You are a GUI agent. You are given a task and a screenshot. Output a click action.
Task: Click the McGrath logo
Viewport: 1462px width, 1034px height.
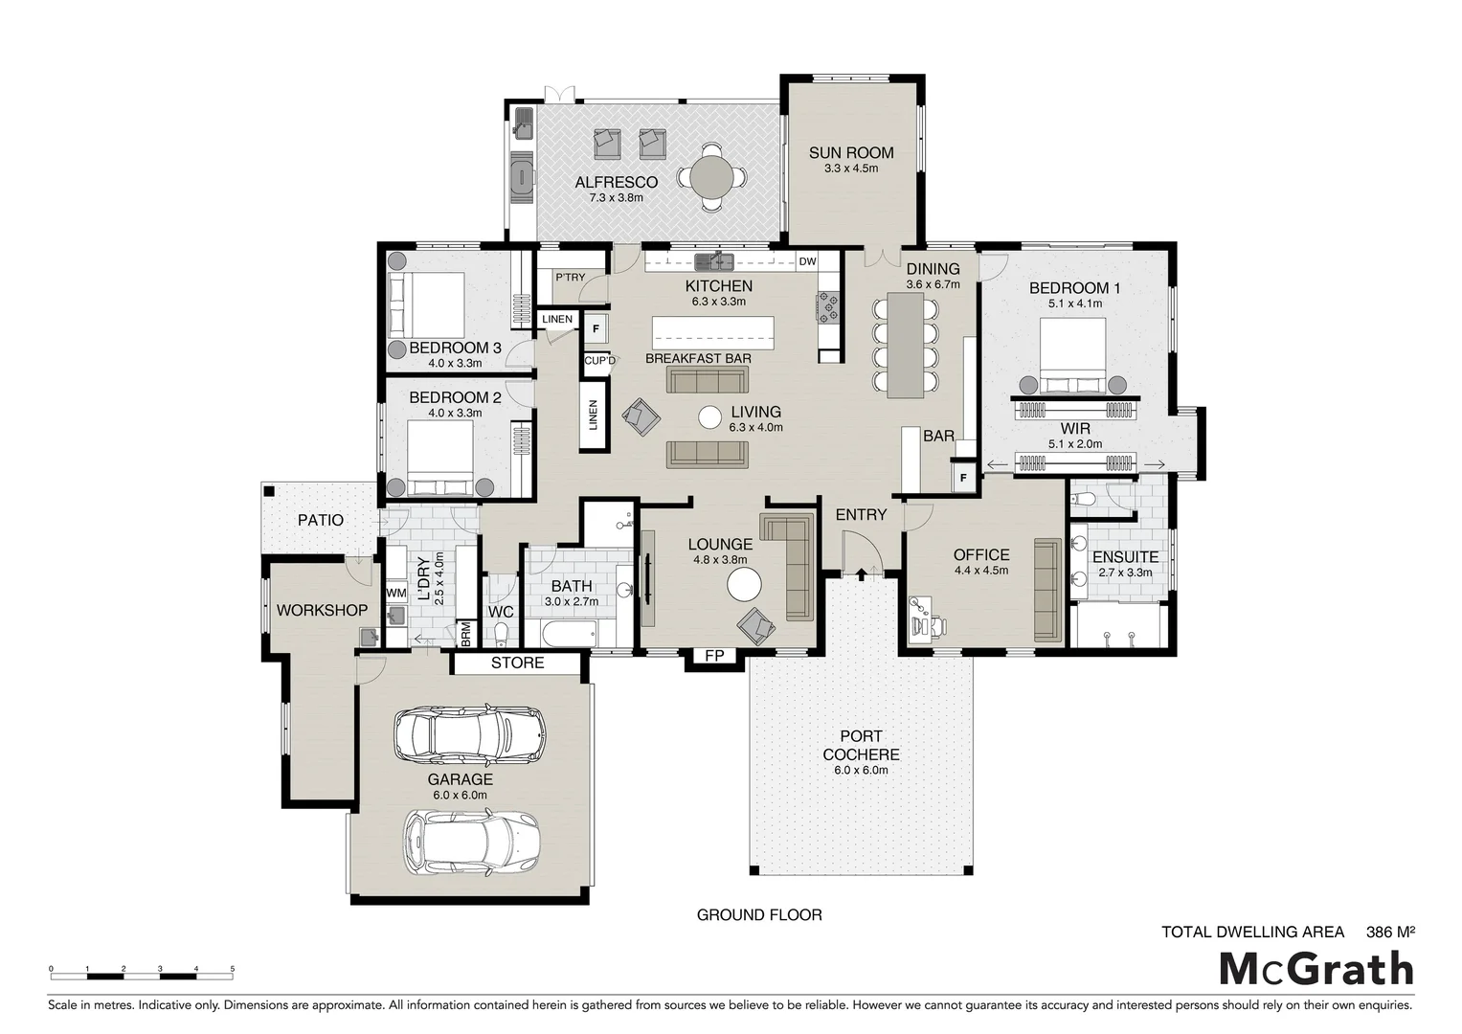[x=1316, y=969]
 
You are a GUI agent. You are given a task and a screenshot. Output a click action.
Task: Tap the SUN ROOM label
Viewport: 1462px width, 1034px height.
[x=850, y=152]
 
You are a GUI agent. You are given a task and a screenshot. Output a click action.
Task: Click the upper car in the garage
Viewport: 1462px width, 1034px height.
[x=469, y=734]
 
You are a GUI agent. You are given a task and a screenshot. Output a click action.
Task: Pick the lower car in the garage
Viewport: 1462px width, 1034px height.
[x=470, y=843]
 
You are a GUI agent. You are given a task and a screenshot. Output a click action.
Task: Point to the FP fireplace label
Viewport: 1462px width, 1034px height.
[x=713, y=656]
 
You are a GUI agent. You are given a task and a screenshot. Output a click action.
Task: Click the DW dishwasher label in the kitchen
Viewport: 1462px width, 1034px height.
[x=807, y=261]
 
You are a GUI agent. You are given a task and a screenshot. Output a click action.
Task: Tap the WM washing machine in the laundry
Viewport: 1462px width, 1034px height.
[x=396, y=594]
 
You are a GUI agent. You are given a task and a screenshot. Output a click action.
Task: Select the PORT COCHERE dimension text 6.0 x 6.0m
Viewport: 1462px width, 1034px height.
[x=861, y=770]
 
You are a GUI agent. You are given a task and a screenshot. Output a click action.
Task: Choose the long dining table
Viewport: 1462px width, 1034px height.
[x=905, y=345]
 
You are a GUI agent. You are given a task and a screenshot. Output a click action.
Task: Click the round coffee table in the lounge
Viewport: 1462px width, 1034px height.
[x=744, y=584]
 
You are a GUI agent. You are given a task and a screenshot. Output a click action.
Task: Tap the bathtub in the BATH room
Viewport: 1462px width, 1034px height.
[x=569, y=633]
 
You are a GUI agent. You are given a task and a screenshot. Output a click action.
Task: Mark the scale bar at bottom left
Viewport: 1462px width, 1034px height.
[x=142, y=975]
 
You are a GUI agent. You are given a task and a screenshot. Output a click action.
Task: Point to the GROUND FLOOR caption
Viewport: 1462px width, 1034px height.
[x=758, y=915]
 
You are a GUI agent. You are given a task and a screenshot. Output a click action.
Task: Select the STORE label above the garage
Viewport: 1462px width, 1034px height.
[x=517, y=663]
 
